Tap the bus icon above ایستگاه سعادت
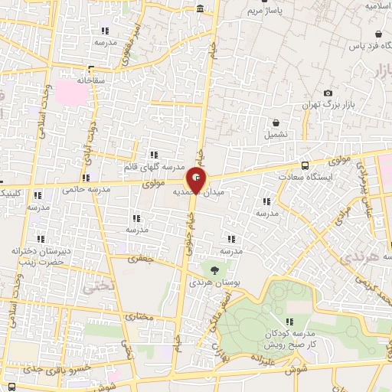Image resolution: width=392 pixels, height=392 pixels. click(305, 165)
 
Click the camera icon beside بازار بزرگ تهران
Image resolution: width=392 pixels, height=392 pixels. click(328, 93)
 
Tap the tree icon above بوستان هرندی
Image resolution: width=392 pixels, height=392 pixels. click(214, 269)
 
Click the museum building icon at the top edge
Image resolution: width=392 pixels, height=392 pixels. click(200, 9)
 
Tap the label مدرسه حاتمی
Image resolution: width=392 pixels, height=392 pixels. click(82, 189)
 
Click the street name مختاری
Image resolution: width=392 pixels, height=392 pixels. click(140, 314)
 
